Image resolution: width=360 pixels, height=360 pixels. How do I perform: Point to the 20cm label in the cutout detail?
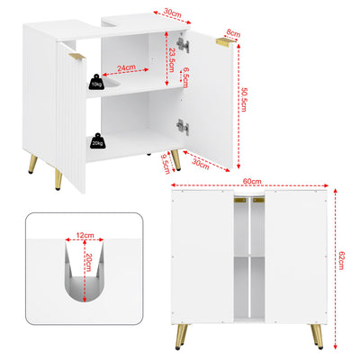[87, 267]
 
